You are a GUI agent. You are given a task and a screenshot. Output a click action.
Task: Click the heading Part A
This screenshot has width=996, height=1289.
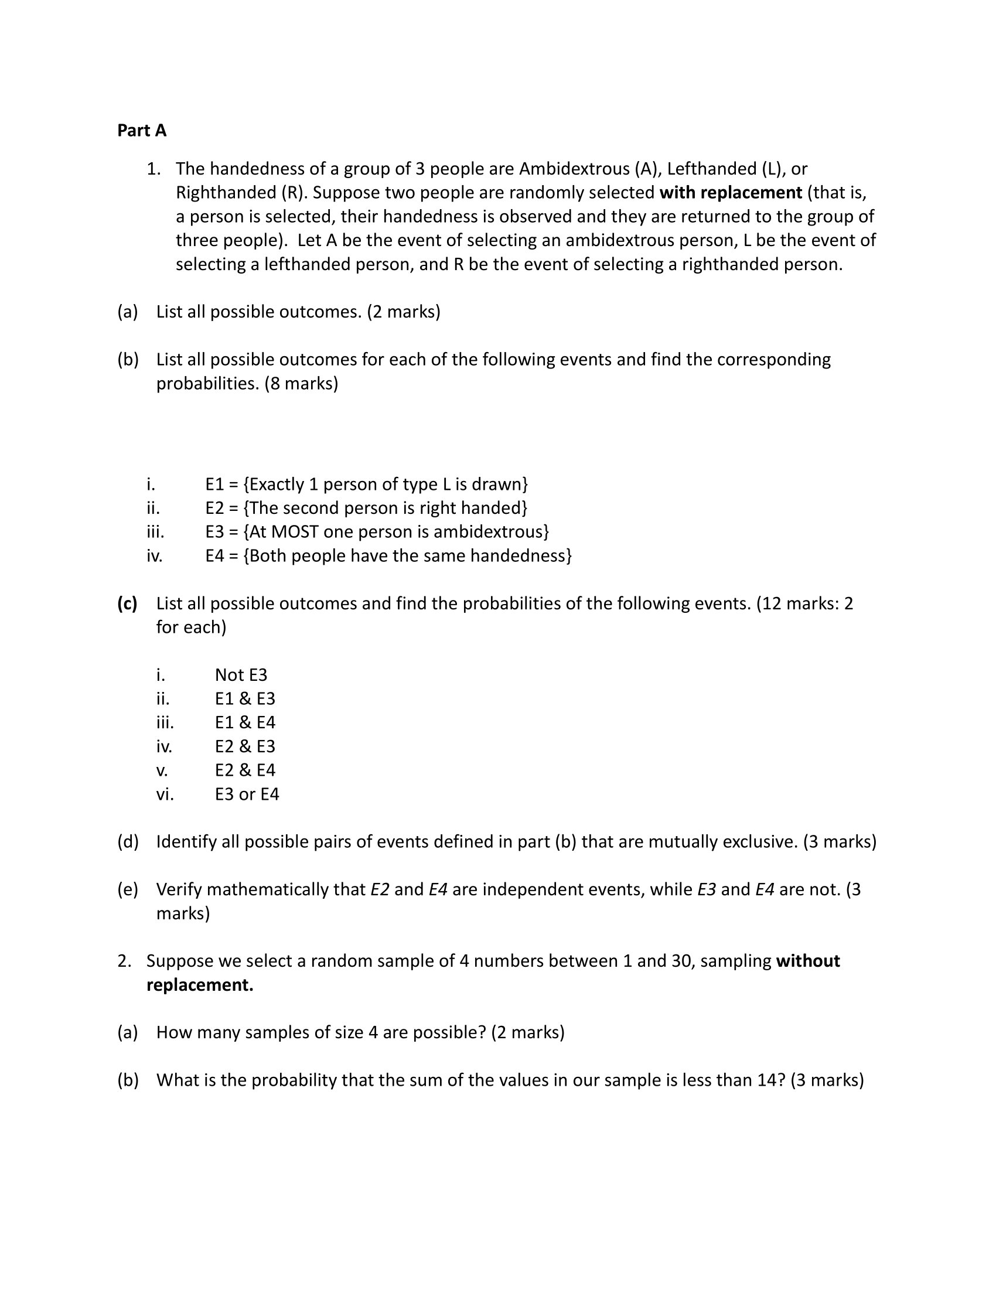(142, 131)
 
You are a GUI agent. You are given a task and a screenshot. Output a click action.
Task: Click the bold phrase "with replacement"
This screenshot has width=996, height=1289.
(731, 193)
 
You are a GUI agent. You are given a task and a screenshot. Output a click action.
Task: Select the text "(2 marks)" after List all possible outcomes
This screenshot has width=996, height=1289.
(404, 312)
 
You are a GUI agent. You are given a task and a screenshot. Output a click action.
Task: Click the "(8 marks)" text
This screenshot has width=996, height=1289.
(302, 384)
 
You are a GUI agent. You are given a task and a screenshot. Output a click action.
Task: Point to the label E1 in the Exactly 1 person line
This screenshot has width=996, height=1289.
(215, 485)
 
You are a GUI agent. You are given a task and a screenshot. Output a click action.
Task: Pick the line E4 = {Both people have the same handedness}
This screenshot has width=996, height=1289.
(388, 556)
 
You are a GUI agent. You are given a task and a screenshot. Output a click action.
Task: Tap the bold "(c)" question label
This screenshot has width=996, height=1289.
(128, 603)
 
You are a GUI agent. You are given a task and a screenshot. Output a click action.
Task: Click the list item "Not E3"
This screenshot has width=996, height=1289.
(241, 675)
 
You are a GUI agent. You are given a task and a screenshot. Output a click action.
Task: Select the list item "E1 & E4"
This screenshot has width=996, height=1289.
(245, 723)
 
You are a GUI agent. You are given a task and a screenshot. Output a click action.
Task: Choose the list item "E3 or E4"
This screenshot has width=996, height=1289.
(247, 794)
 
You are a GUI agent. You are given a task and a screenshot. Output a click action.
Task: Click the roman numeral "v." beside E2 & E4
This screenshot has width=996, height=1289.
(162, 771)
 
